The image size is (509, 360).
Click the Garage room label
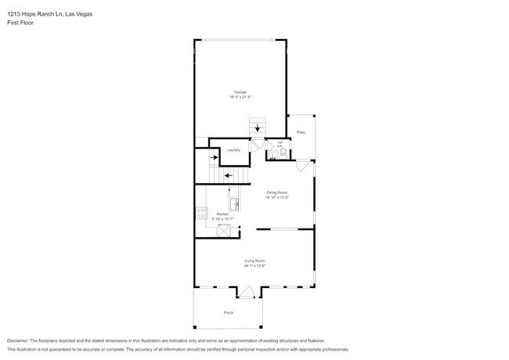240,92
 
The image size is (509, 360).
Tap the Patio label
301,132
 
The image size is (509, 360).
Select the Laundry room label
233,149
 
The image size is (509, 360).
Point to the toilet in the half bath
283,154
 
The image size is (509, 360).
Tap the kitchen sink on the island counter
233,192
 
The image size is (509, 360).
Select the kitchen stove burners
200,213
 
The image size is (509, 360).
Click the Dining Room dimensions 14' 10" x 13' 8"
277,197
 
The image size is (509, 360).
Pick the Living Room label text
254,261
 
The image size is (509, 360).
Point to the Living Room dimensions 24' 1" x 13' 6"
254,266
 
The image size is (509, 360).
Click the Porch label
229,312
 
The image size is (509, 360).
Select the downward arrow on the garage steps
258,127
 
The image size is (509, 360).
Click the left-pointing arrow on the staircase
228,175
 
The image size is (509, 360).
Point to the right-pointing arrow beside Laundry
214,157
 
